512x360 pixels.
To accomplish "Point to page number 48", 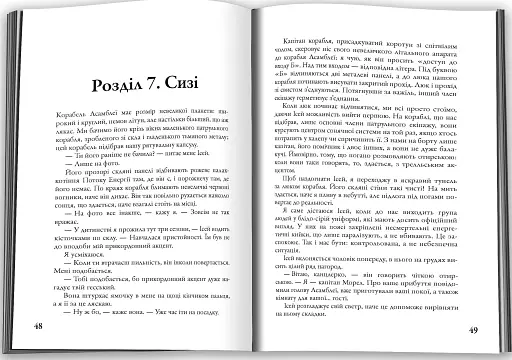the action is pyautogui.click(x=37, y=328).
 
